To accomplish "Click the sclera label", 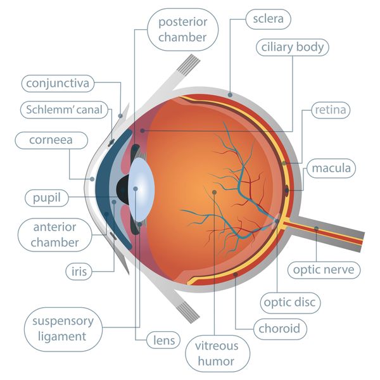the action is coord(268,19).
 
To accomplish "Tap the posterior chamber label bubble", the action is coord(183,30).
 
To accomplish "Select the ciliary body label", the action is coord(292,47).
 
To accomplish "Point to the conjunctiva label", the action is coord(58,84).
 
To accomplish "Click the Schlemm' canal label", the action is coord(64,110).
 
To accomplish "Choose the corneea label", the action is coord(51,140).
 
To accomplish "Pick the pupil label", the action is coord(46,198).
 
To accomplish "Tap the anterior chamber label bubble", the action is coord(54,234).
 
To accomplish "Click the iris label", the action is coord(79,272).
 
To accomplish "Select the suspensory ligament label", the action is coord(63,329).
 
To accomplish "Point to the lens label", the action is coord(164,340).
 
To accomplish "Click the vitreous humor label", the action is coord(217,353).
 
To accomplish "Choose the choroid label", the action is coord(280,329).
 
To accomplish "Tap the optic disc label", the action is coord(290,303).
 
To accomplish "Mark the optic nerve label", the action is coord(324,270).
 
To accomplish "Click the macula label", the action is coord(331,168).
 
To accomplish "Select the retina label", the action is coord(331,110).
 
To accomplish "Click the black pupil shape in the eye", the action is coord(123,190).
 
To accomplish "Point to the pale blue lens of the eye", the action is coord(141,189).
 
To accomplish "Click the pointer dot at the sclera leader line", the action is coord(230,95).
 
